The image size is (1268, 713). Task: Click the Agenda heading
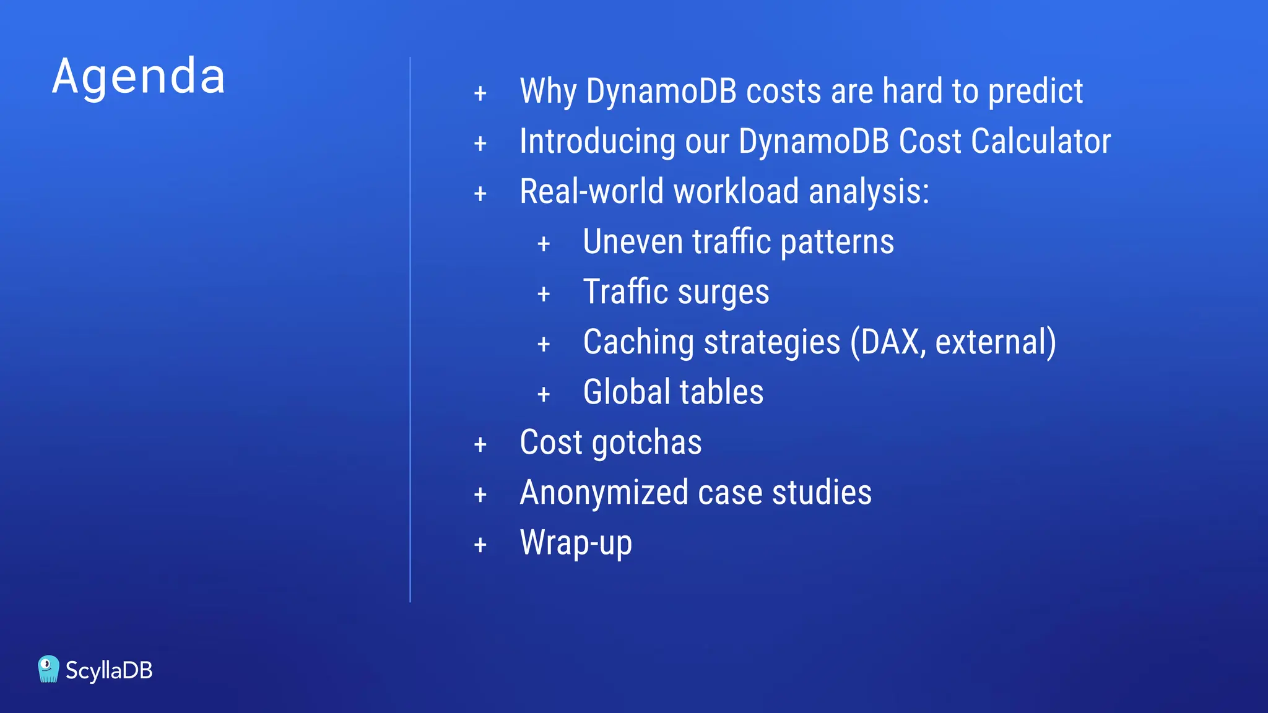click(139, 77)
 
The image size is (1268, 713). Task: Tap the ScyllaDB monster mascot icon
click(48, 669)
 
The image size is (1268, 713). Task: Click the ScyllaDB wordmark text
click(109, 670)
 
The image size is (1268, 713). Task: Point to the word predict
click(1035, 92)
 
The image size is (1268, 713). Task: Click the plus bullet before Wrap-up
click(480, 545)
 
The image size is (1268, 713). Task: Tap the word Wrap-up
click(576, 543)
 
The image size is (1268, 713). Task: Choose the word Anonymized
click(604, 493)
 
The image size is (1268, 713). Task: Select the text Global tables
click(673, 392)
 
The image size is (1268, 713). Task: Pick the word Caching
click(638, 342)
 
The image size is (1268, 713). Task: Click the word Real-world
click(591, 191)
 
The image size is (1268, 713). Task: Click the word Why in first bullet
click(548, 92)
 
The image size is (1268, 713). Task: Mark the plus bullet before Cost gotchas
click(480, 445)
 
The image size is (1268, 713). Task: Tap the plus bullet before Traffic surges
click(544, 295)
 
